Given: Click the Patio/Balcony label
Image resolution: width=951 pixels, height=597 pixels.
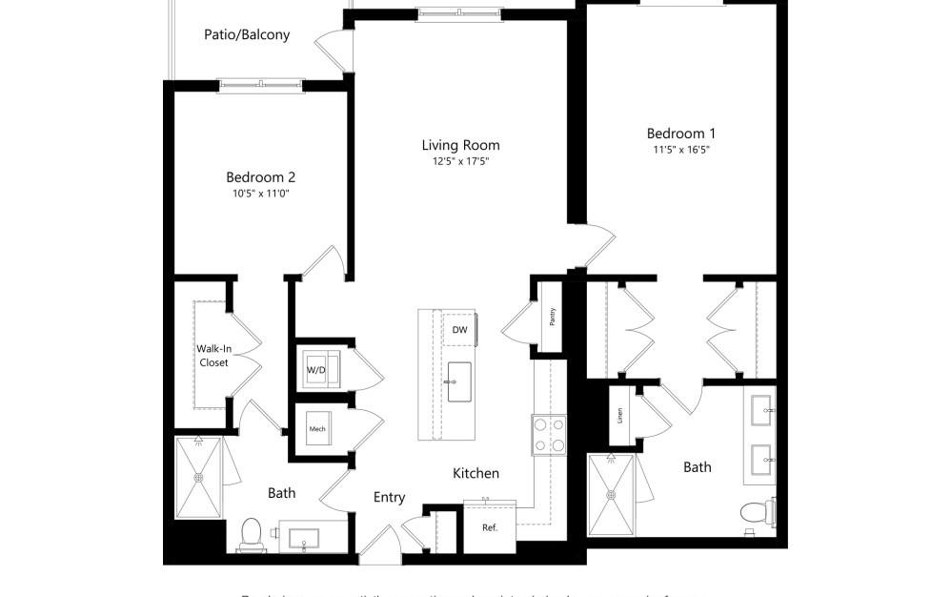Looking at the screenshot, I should click(247, 35).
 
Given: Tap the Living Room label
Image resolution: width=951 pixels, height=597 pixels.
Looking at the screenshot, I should click(460, 145).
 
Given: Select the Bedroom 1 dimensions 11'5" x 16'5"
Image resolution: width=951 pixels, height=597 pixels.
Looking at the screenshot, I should click(681, 150).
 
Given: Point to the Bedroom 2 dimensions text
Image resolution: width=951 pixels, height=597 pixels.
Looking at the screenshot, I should click(260, 194).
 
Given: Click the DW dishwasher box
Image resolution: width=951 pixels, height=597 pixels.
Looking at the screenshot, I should click(459, 330).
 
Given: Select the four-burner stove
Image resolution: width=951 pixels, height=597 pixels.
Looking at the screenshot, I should click(549, 434).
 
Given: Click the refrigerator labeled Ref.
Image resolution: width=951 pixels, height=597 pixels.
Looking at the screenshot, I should click(490, 527).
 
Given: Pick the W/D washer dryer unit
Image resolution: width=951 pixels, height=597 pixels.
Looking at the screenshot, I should click(315, 369).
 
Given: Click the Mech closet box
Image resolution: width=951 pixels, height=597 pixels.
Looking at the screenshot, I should click(317, 429).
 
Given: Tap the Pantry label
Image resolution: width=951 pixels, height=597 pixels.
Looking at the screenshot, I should click(552, 316).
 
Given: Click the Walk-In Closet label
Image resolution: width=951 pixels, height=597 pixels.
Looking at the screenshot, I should click(213, 356).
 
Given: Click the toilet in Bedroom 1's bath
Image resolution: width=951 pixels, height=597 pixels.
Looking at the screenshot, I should click(758, 512).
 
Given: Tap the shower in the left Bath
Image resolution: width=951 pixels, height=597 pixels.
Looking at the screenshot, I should click(199, 477).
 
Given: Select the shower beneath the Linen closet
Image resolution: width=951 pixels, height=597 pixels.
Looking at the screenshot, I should click(611, 494).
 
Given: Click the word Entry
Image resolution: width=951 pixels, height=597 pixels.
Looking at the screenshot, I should click(389, 497).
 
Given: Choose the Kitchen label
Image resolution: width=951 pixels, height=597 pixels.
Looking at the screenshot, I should click(475, 473).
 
